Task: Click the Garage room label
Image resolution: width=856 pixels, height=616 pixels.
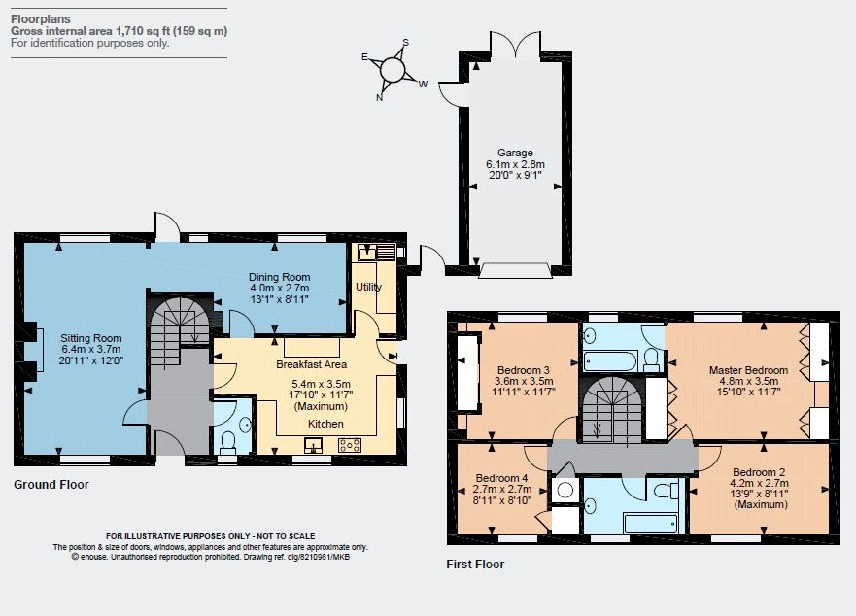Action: [515, 153]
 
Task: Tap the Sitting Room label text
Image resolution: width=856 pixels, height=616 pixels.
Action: [91, 338]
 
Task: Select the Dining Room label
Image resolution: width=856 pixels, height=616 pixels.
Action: [280, 277]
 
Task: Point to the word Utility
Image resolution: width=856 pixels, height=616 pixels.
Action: [368, 287]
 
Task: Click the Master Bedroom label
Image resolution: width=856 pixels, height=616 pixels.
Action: [748, 370]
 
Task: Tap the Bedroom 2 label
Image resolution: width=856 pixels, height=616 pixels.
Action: [759, 472]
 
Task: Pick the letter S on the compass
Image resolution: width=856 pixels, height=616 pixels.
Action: [405, 42]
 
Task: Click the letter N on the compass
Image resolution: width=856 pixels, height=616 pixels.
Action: [379, 98]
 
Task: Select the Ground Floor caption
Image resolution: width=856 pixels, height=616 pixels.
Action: [51, 485]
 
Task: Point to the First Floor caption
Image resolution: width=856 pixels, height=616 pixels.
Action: [475, 565]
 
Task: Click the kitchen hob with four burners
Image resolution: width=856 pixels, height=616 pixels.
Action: [350, 445]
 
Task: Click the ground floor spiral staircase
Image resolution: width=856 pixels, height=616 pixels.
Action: [180, 327]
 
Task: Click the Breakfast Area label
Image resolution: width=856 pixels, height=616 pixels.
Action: [311, 364]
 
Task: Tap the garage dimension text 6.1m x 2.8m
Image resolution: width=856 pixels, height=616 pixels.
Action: [515, 164]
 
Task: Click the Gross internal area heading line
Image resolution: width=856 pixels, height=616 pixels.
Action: [119, 31]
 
